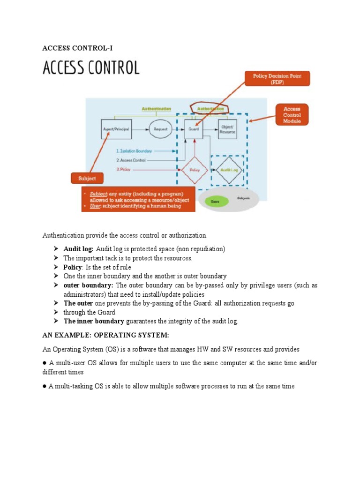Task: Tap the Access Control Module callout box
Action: (x=292, y=115)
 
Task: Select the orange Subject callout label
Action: (x=87, y=178)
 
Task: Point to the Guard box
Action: (x=193, y=128)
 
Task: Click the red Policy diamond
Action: (x=194, y=170)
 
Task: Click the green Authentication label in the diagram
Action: (x=157, y=109)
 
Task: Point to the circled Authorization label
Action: (x=211, y=109)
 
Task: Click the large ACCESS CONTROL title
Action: (x=91, y=68)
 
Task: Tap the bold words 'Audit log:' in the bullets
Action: (x=78, y=249)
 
